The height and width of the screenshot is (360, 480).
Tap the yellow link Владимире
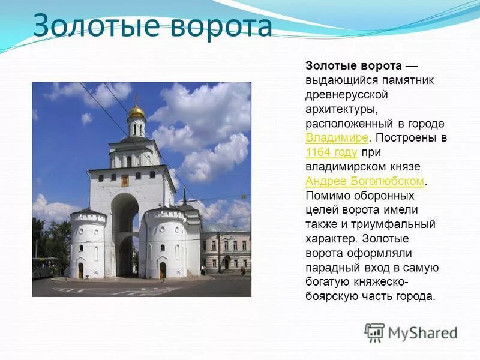click(336, 138)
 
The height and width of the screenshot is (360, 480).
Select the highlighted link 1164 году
click(331, 152)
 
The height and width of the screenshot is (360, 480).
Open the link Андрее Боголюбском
click(365, 181)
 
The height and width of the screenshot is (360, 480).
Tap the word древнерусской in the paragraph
click(347, 95)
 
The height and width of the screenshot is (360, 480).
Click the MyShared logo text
click(422, 332)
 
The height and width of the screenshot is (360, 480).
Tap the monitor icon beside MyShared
click(374, 332)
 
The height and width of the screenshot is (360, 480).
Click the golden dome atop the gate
click(136, 112)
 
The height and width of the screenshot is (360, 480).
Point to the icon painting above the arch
click(125, 180)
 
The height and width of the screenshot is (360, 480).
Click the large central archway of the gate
click(125, 234)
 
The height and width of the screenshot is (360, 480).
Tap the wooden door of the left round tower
click(80, 271)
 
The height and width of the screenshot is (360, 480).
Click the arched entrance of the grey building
click(226, 262)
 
